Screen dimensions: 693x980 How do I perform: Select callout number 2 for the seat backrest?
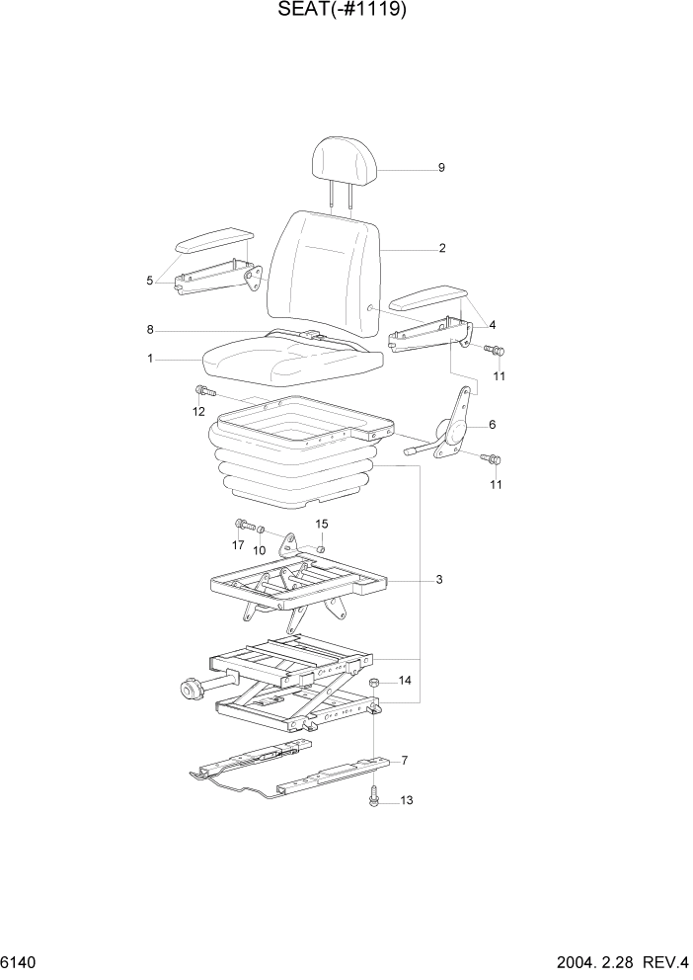442,248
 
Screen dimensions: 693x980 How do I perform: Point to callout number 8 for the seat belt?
149,330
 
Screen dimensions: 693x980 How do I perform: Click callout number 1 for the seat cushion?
150,360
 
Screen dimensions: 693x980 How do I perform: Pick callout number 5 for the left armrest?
150,281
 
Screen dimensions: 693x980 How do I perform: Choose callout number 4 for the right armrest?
492,325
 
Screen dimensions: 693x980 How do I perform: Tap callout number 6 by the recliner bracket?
492,426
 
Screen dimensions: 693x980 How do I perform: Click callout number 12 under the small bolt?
199,411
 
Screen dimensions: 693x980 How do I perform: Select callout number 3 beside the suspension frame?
438,580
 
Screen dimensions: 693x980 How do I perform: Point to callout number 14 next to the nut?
406,681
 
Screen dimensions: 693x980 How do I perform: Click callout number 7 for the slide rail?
403,761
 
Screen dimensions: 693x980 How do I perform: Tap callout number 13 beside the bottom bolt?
406,802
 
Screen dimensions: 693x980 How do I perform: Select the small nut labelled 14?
375,683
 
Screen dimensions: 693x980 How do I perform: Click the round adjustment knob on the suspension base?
190,689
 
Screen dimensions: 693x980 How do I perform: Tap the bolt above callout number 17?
240,524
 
